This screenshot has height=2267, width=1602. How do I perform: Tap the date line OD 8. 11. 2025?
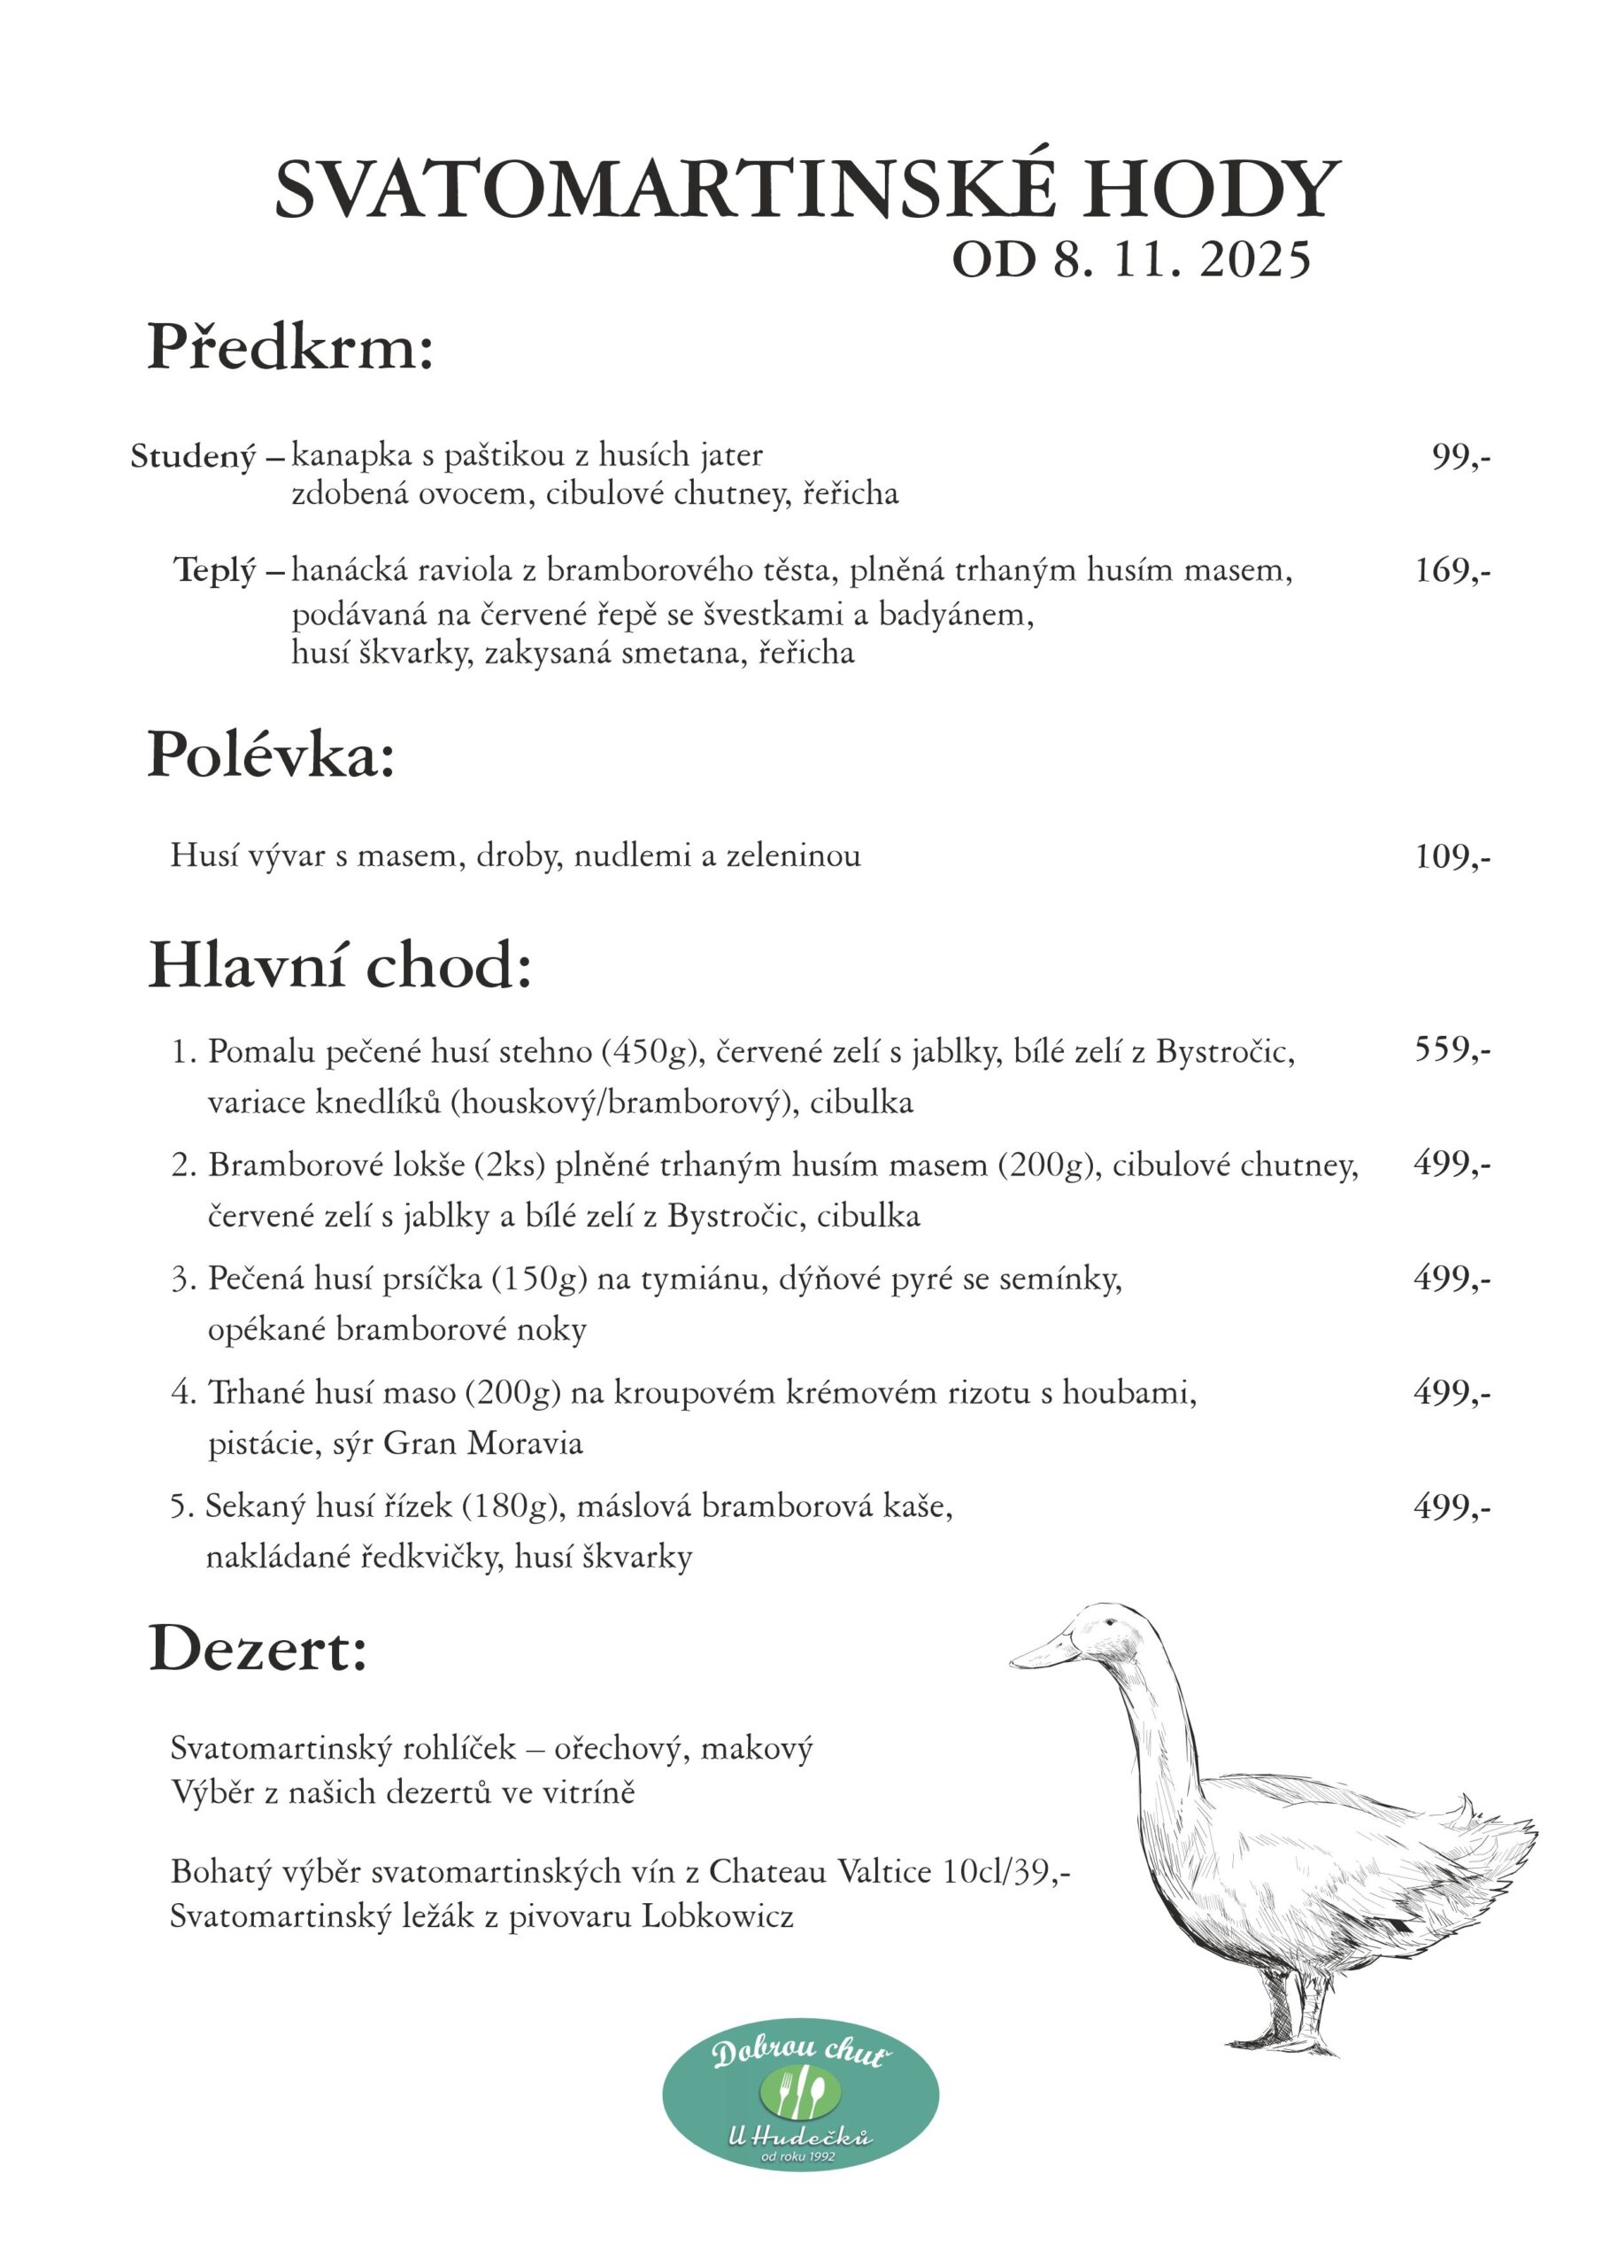tap(1131, 260)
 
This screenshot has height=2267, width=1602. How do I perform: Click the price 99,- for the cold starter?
tap(1461, 456)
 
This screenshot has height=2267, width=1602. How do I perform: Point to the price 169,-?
tap(1452, 570)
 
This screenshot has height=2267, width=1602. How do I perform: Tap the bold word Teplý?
tap(215, 570)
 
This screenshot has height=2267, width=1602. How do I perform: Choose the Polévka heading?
tap(271, 756)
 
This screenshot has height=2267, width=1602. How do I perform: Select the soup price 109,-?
tap(1452, 856)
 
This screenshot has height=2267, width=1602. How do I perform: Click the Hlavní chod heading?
tap(340, 965)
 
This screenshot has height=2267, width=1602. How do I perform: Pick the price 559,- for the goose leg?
tap(1452, 1049)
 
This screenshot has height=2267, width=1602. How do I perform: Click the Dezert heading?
tap(258, 1650)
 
